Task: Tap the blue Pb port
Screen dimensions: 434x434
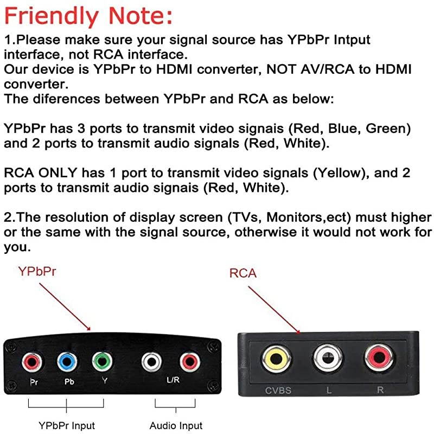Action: pos(67,361)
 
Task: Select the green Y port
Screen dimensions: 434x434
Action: pos(101,361)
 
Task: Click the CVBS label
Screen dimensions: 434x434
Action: pos(277,390)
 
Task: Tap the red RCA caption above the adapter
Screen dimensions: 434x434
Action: pos(243,273)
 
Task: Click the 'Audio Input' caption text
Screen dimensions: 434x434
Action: pos(176,425)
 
